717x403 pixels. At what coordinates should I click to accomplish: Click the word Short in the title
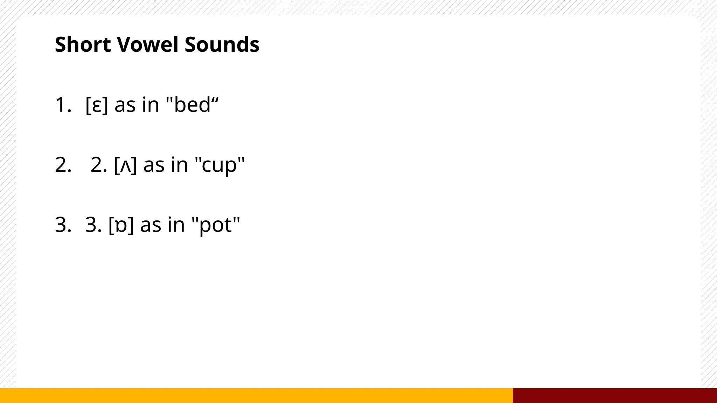tap(83, 44)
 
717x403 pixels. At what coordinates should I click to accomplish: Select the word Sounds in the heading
tap(222, 44)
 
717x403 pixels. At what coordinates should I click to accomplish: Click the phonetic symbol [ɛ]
tap(97, 105)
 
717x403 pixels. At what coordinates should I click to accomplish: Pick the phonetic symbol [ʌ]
tap(125, 165)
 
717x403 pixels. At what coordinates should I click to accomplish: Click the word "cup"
tap(220, 165)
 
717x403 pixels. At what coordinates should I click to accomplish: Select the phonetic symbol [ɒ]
tap(121, 225)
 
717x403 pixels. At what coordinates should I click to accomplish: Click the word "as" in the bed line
tap(125, 105)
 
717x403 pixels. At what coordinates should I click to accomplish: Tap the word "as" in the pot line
tap(151, 225)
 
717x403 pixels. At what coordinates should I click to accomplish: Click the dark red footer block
tap(615, 395)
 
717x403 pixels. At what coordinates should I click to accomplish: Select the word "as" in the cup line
tap(154, 165)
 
